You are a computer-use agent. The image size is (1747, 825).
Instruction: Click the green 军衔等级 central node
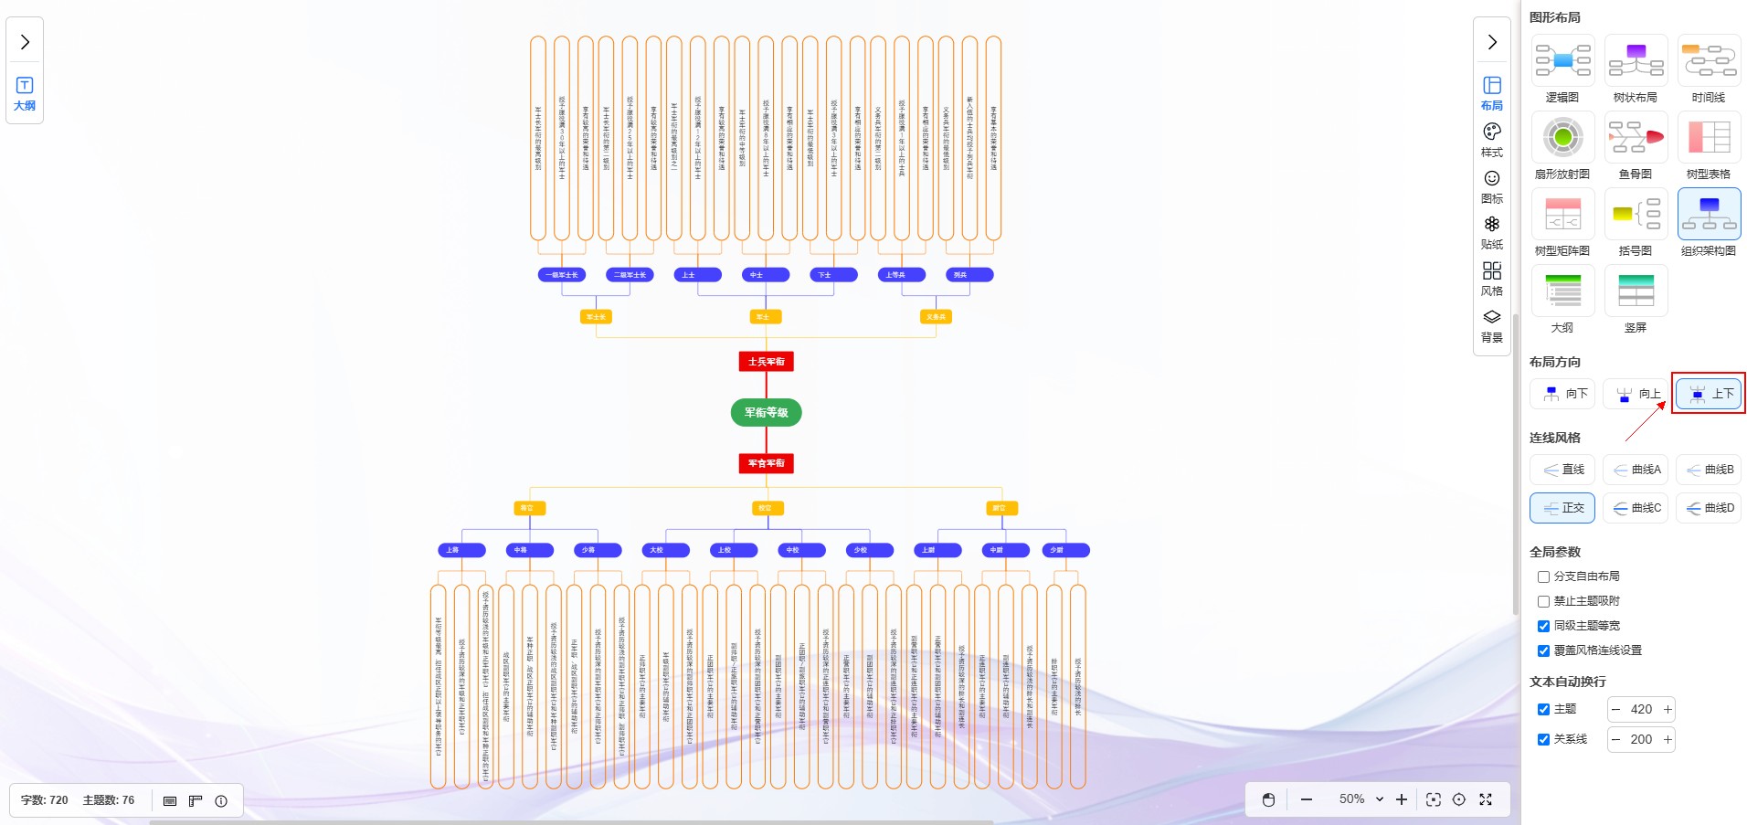766,412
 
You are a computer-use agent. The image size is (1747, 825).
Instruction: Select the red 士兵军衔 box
766,362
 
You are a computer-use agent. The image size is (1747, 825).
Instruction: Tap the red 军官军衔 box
766,463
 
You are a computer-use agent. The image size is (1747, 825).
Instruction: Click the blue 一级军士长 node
562,274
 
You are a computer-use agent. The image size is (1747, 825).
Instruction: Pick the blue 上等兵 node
901,274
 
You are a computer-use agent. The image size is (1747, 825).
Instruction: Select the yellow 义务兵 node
936,317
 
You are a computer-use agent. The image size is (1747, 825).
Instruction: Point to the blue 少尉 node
1065,550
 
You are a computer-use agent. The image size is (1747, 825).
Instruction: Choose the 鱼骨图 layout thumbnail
1636,138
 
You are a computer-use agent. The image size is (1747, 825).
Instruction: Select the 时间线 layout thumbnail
1709,61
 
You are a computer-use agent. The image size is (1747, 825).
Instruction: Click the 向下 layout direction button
1562,394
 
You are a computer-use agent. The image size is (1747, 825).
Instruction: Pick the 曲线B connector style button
1709,470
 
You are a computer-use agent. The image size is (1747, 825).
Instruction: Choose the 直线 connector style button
1562,470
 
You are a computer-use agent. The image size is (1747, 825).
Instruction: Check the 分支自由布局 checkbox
1543,576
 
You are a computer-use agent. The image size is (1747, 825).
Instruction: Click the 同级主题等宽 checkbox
1543,626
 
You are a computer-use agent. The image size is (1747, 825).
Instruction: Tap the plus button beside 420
1668,709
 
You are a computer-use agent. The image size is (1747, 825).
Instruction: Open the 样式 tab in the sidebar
1492,140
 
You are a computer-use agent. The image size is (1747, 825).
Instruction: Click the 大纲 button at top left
25,93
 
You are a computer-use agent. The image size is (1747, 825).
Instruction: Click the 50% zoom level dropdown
1361,799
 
